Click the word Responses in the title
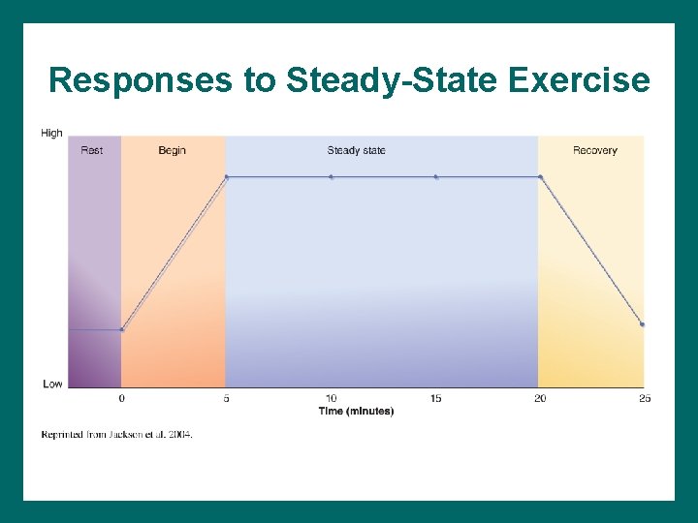[x=141, y=80]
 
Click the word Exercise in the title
[x=579, y=80]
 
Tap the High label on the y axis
[x=52, y=134]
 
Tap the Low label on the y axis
[x=52, y=384]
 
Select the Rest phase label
[x=92, y=150]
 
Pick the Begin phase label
[x=172, y=150]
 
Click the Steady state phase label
[x=356, y=150]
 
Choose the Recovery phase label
[x=594, y=150]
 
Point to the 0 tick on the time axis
[x=121, y=398]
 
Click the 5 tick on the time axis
[x=226, y=398]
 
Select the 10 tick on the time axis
[x=331, y=398]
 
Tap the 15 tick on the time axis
[x=435, y=398]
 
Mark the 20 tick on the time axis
[x=540, y=398]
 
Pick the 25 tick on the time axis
[x=645, y=398]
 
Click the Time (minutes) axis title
[x=356, y=411]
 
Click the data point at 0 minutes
[x=121, y=329]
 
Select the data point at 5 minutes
[x=227, y=176]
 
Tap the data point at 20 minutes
[x=540, y=176]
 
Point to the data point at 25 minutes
[x=642, y=324]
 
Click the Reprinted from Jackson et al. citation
[x=116, y=435]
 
